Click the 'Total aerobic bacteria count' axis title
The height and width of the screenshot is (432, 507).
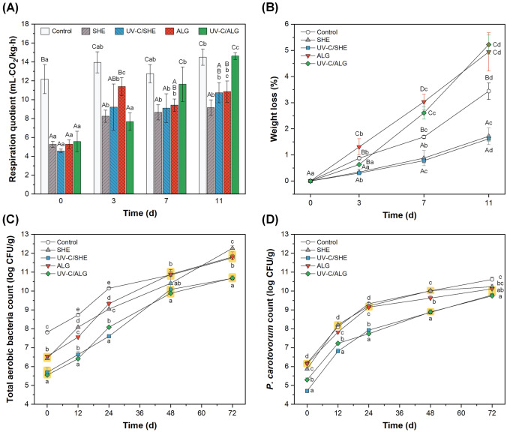[x=9, y=319]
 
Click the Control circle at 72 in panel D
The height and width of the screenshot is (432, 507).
[x=491, y=279]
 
